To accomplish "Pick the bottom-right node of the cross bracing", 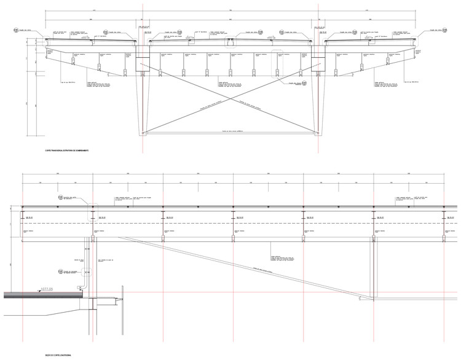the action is [x=317, y=131].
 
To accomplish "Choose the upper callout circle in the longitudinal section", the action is [x=61, y=197].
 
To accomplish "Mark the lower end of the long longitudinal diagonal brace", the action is [x=375, y=300].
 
